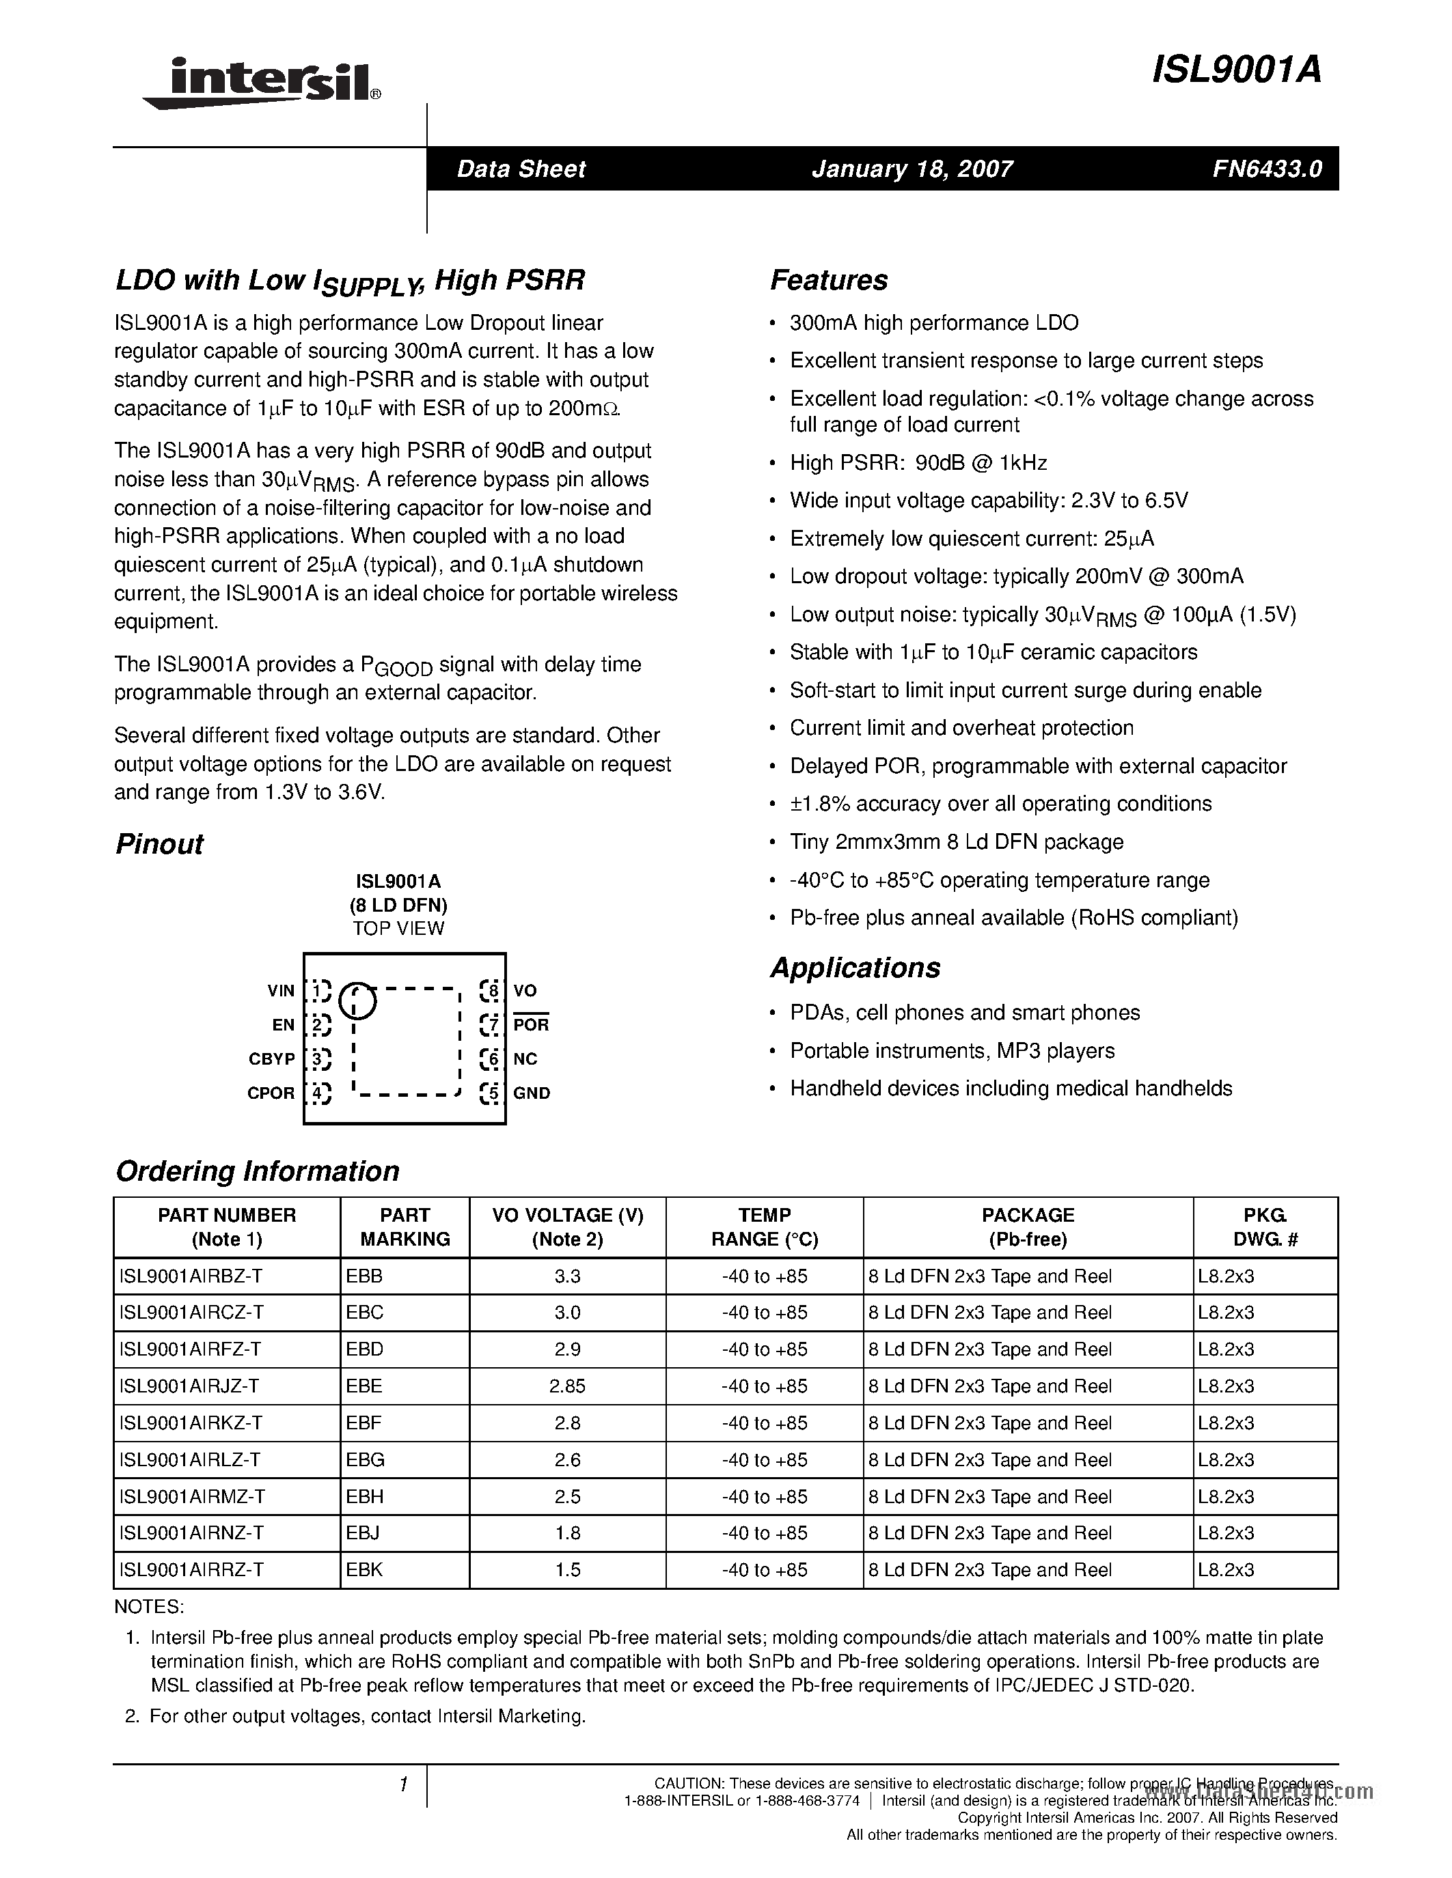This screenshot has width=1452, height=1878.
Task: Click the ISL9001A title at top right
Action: (x=1235, y=70)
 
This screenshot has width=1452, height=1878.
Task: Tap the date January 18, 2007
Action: (x=912, y=169)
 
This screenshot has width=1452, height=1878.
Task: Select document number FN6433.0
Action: (x=1267, y=169)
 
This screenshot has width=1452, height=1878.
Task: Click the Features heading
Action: (x=828, y=280)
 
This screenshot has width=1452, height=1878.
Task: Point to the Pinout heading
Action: (x=159, y=843)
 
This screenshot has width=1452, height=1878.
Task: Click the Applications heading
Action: (x=855, y=968)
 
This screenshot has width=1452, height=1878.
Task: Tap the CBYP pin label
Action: (x=272, y=1059)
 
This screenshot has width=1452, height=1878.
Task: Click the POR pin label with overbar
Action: (x=531, y=1024)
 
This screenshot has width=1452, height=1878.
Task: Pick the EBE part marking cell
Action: (x=364, y=1386)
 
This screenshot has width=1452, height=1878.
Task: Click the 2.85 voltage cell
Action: (x=567, y=1386)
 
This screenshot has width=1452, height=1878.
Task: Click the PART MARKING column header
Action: (x=405, y=1227)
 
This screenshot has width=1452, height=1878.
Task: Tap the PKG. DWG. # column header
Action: (x=1265, y=1227)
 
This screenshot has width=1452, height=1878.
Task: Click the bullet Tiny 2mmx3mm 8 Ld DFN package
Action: (x=956, y=842)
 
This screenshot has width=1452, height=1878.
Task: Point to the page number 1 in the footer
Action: (x=402, y=1785)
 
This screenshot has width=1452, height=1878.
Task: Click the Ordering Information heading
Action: (x=257, y=1171)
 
